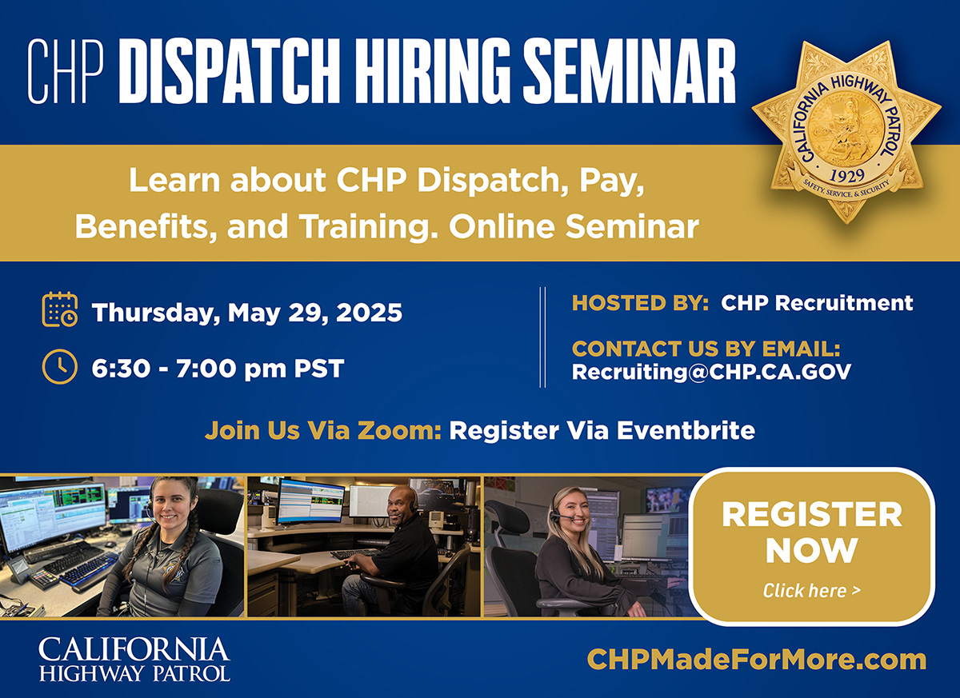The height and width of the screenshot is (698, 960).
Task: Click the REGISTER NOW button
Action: click(812, 546)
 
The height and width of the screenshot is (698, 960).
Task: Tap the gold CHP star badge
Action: click(846, 132)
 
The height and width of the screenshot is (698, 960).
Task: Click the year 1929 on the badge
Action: click(847, 176)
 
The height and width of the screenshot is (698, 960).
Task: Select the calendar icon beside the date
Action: click(60, 309)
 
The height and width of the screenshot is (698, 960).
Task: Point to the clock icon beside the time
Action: click(60, 366)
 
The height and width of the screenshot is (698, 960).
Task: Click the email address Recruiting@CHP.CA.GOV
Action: click(711, 372)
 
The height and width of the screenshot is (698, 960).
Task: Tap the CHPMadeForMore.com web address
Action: click(757, 660)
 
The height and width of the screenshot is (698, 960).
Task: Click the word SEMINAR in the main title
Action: click(629, 71)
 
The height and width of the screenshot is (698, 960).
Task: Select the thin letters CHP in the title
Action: click(66, 71)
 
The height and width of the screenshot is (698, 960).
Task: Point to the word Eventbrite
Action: click(686, 430)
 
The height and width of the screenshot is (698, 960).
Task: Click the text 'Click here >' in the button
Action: click(812, 591)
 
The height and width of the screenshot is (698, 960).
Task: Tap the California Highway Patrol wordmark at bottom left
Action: click(134, 660)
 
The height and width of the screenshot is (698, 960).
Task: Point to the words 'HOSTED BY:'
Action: click(640, 303)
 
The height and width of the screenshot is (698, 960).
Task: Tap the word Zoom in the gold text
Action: click(399, 430)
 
